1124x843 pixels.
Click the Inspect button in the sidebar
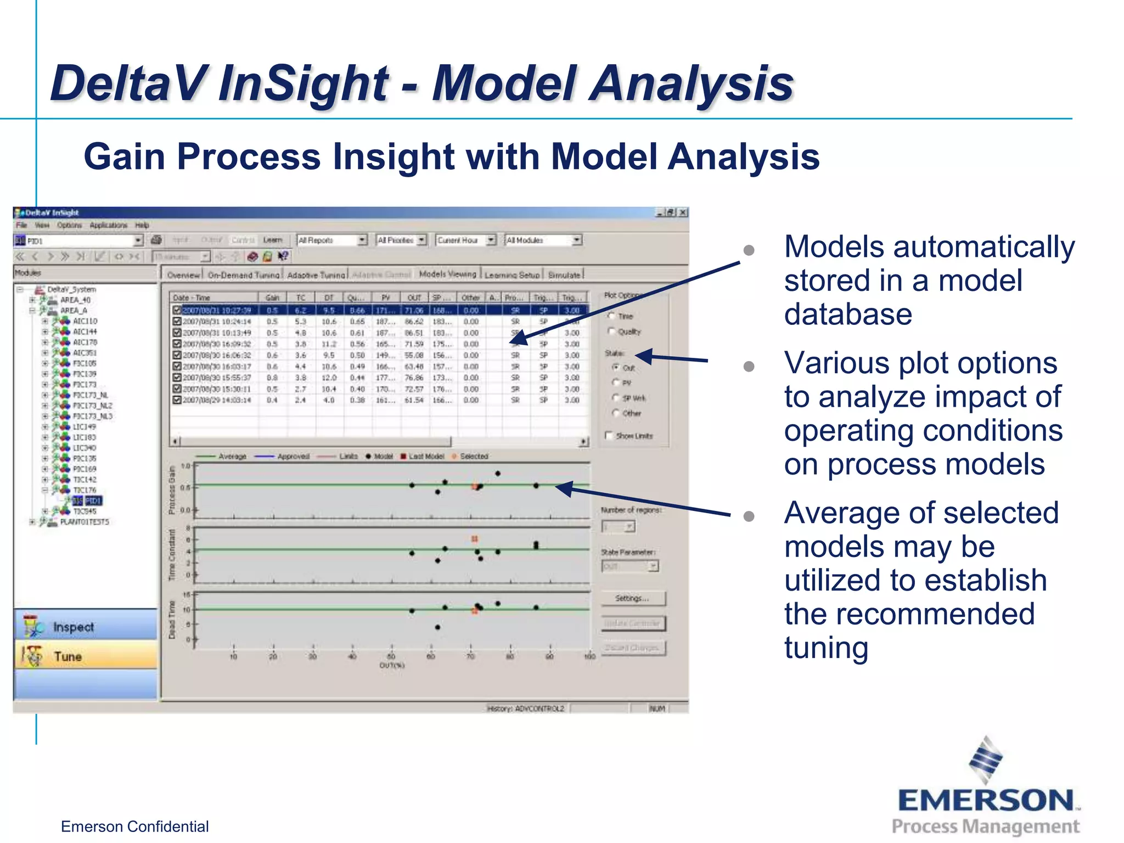(x=74, y=627)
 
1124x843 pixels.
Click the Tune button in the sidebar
(x=68, y=656)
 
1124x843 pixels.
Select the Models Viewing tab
(x=447, y=274)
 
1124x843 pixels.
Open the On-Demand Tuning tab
(x=244, y=275)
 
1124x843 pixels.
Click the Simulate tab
(x=564, y=275)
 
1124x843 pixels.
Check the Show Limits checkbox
(x=609, y=435)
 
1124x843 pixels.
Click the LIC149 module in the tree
(x=85, y=426)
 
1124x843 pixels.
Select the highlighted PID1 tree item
(x=93, y=501)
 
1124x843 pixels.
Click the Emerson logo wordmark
(x=986, y=800)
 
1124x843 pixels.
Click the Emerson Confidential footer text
(x=134, y=827)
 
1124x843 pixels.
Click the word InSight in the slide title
(x=303, y=83)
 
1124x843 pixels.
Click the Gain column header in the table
(x=272, y=297)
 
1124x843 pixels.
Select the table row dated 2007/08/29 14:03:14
(x=217, y=400)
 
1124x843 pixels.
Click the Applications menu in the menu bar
(x=108, y=225)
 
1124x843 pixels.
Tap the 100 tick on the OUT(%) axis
(x=589, y=656)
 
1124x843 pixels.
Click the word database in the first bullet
(x=848, y=314)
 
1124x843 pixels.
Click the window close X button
(x=683, y=212)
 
